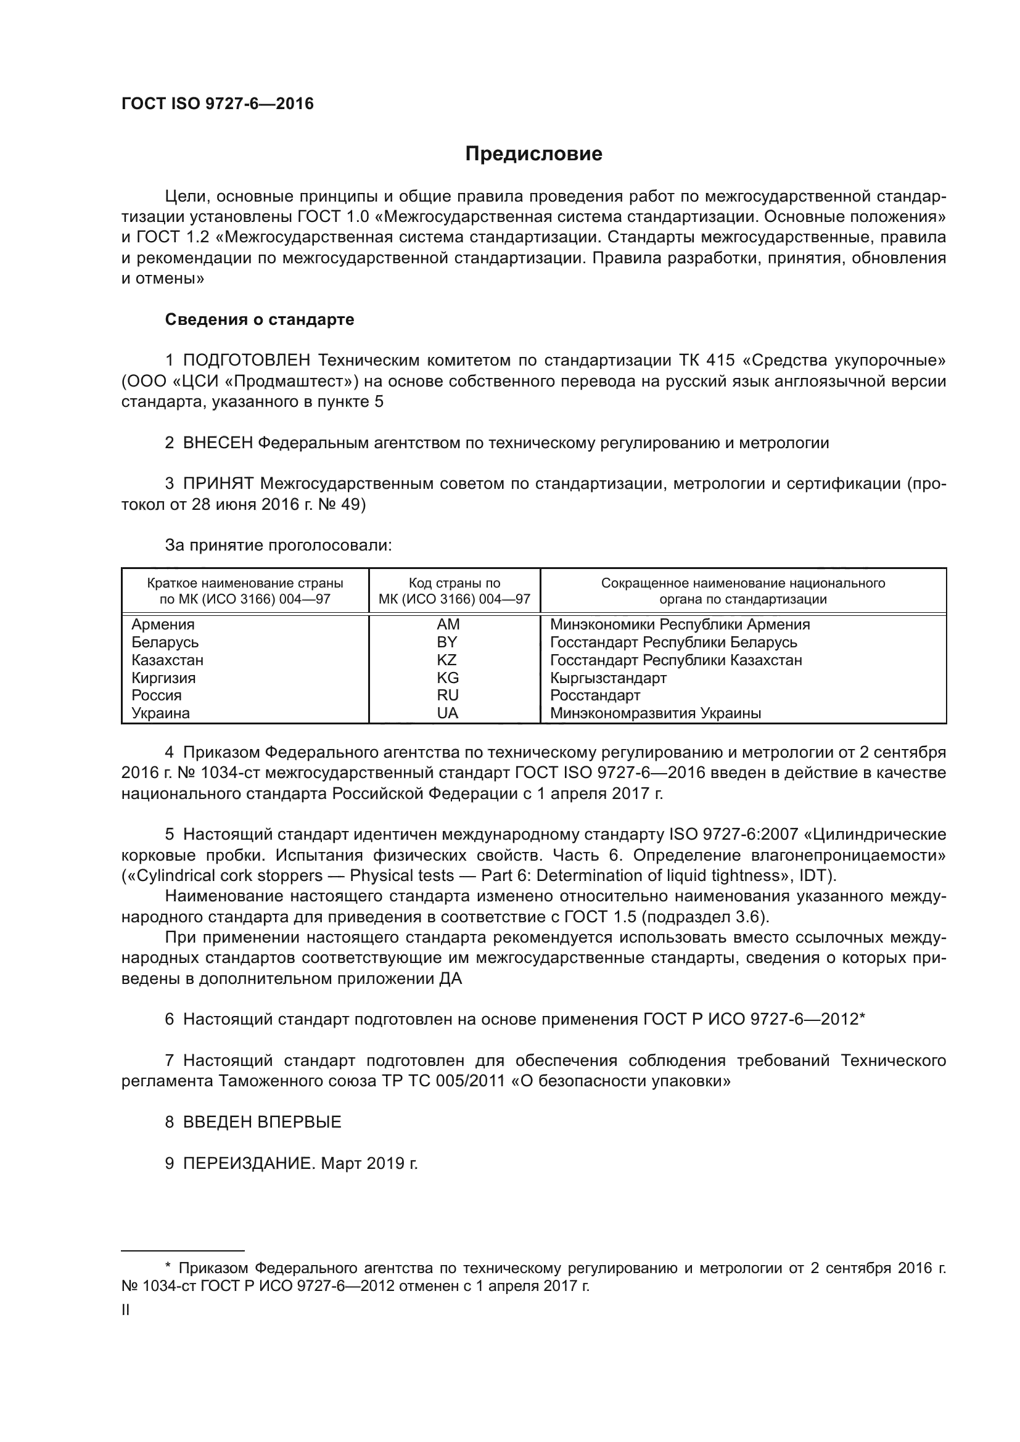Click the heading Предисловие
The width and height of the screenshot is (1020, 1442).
click(533, 154)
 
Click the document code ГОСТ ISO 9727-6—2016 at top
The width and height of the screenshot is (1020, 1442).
click(217, 104)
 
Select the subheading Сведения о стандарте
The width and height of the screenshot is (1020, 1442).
click(260, 320)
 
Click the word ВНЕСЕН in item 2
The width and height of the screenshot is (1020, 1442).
click(217, 443)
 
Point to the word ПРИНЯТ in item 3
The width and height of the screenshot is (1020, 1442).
click(218, 483)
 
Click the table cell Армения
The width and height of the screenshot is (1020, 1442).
click(163, 625)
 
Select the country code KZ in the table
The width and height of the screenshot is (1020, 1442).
click(446, 660)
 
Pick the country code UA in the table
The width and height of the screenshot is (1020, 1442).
click(447, 713)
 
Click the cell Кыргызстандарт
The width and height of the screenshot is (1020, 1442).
click(608, 678)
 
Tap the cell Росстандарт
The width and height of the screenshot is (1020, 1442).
click(594, 695)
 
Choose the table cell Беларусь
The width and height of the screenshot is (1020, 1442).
click(165, 642)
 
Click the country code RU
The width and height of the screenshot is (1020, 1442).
click(447, 695)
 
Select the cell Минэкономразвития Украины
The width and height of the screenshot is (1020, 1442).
click(655, 713)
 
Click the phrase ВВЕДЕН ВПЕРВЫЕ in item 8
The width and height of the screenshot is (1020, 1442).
click(262, 1122)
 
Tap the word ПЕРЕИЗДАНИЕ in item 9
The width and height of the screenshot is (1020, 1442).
click(247, 1164)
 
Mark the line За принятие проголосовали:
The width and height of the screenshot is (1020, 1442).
click(278, 545)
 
